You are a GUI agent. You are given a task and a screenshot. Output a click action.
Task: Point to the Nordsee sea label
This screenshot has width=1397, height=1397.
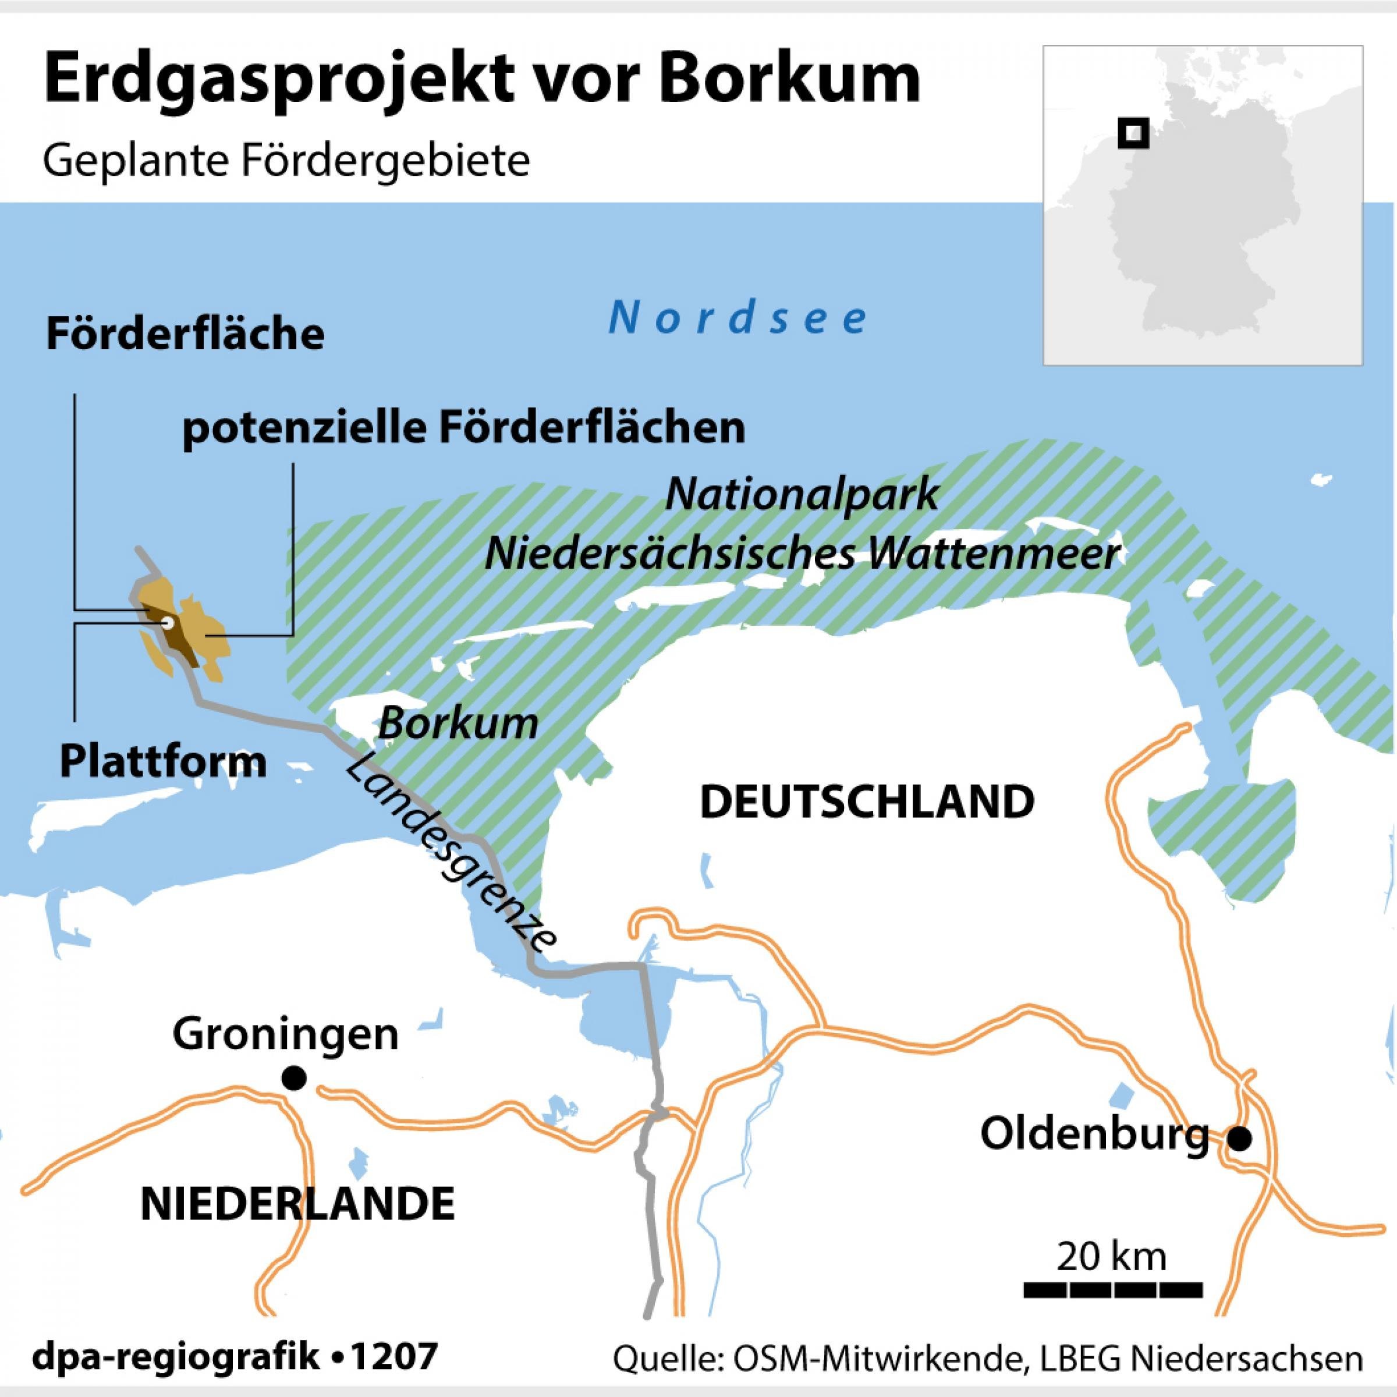click(738, 319)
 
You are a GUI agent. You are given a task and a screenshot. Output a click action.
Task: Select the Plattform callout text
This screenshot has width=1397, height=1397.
click(164, 762)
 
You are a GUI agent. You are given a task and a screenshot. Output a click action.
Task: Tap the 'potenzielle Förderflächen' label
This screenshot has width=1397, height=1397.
click(463, 429)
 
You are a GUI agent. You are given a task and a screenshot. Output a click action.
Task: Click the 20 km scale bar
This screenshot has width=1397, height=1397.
click(1113, 1289)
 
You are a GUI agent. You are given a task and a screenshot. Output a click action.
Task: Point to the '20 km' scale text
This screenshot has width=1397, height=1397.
click(1111, 1257)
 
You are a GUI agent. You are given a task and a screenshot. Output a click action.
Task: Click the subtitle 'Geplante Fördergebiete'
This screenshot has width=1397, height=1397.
click(286, 162)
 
